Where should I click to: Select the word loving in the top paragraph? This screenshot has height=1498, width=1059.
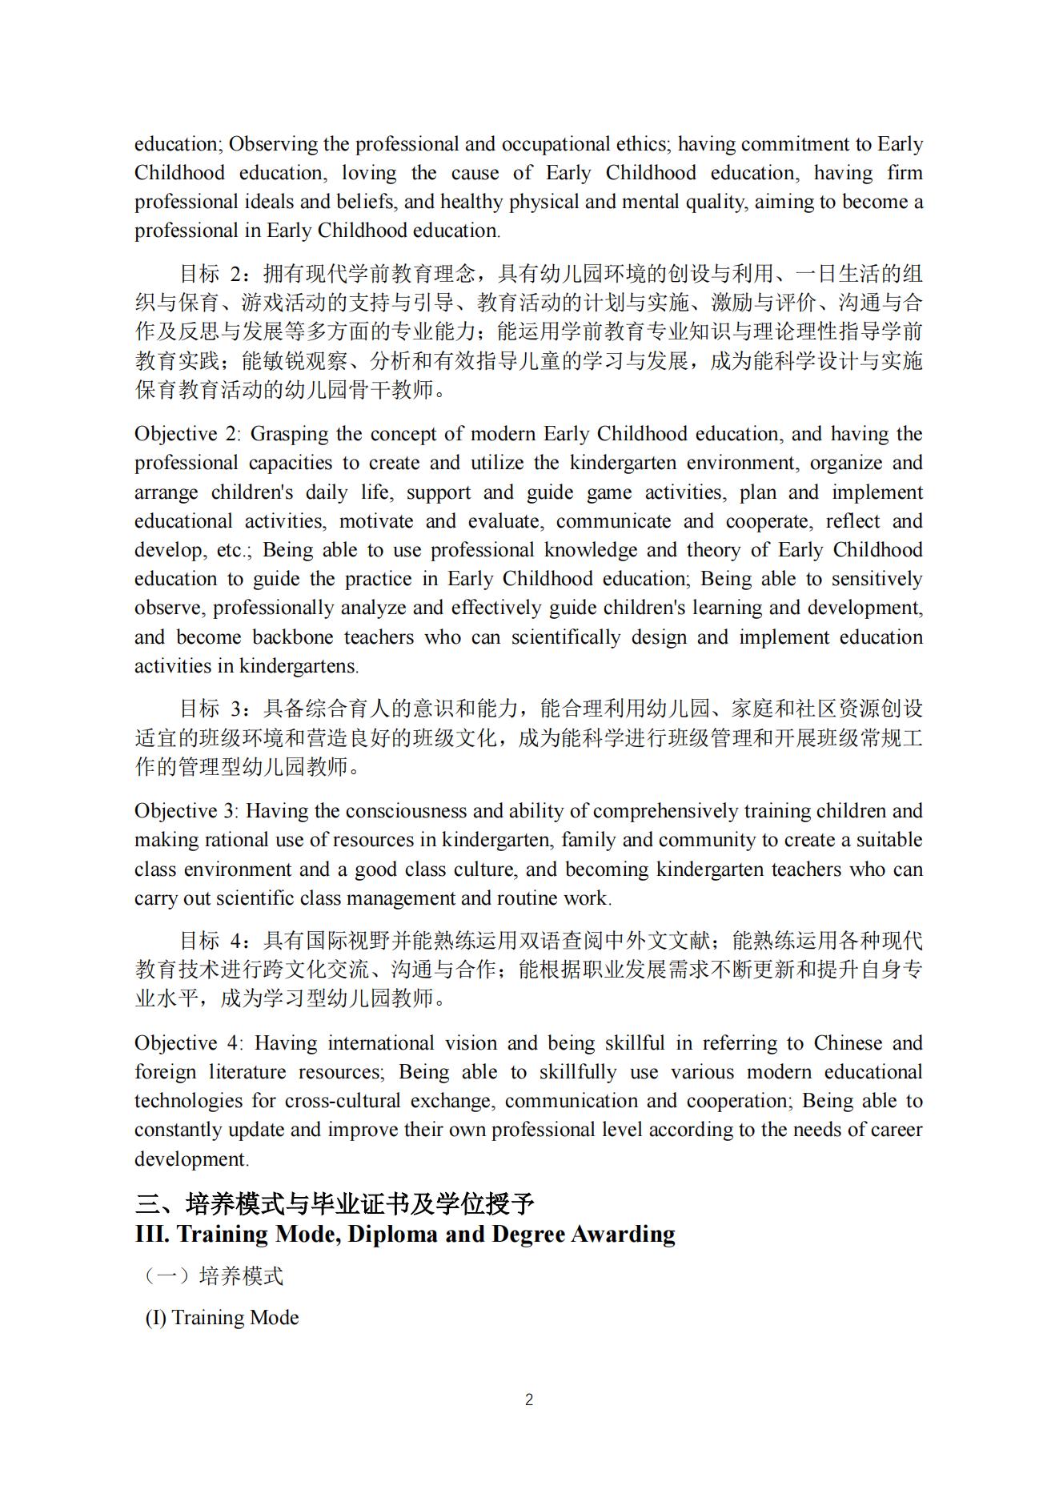tap(369, 173)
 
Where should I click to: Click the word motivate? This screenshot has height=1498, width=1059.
tap(375, 521)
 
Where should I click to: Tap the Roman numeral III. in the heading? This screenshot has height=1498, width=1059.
tap(152, 1234)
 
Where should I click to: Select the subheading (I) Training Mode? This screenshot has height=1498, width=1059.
tap(222, 1318)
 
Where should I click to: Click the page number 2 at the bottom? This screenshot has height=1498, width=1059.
tap(529, 1400)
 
